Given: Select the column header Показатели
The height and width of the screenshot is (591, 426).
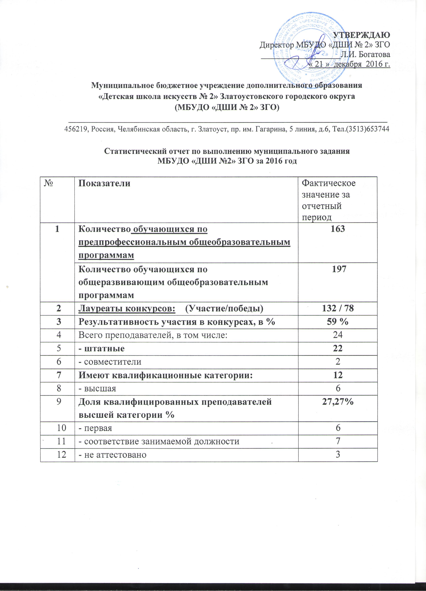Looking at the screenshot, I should (104, 183).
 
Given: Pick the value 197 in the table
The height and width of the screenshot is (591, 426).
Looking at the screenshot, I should (338, 269).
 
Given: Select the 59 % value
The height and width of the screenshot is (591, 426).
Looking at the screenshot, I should (338, 322).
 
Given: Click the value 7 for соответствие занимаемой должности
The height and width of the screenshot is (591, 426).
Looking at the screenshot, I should (338, 441).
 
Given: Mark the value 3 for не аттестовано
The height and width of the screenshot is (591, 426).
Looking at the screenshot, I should (338, 455).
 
